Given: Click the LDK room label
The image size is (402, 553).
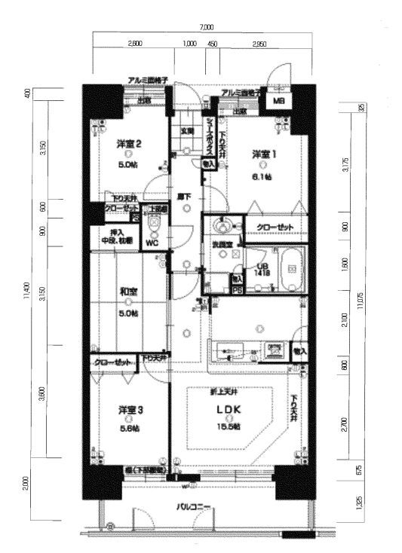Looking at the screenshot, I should (x=229, y=410).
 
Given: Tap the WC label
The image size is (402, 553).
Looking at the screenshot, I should (x=151, y=243).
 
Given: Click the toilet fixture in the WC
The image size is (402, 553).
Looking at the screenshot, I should (x=154, y=224).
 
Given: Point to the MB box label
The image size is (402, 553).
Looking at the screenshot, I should (x=278, y=101).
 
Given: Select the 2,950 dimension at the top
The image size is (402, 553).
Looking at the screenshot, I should (x=259, y=43).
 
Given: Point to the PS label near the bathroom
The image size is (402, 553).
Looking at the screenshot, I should (x=236, y=289).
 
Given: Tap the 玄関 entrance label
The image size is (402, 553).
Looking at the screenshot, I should (x=186, y=130).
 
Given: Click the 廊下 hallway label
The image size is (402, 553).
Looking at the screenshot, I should (x=184, y=197).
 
